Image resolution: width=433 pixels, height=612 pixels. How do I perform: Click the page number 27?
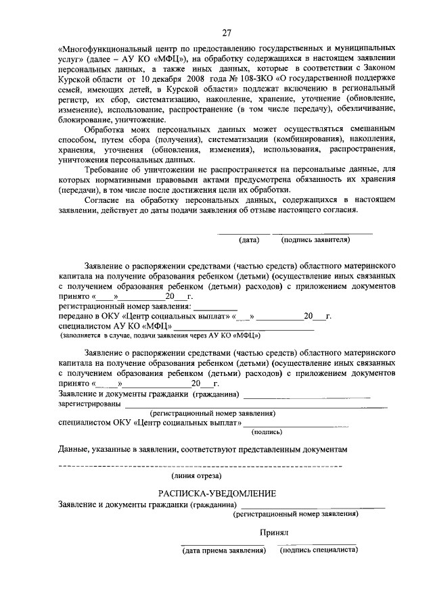(x=226, y=32)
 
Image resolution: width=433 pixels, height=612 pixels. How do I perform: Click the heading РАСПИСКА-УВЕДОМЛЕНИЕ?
(x=217, y=493)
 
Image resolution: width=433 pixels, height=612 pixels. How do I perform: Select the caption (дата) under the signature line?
(x=249, y=239)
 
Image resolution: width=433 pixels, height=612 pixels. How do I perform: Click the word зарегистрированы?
(x=90, y=404)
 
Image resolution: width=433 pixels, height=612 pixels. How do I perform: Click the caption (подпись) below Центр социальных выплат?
(x=267, y=431)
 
